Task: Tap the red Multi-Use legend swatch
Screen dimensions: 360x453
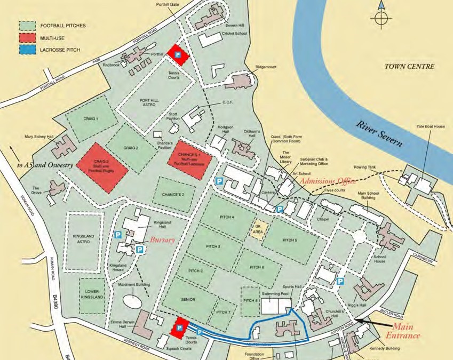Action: tap(27, 38)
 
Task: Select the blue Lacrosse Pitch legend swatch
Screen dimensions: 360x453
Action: tap(27, 51)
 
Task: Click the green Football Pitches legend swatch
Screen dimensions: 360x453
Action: tap(27, 25)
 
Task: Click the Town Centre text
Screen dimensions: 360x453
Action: tap(409, 67)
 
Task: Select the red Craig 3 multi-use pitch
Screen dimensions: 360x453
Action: tap(102, 168)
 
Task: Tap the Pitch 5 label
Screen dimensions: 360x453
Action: tap(288, 240)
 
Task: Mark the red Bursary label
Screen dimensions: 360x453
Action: tap(163, 241)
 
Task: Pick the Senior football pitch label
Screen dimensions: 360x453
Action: tap(188, 300)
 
